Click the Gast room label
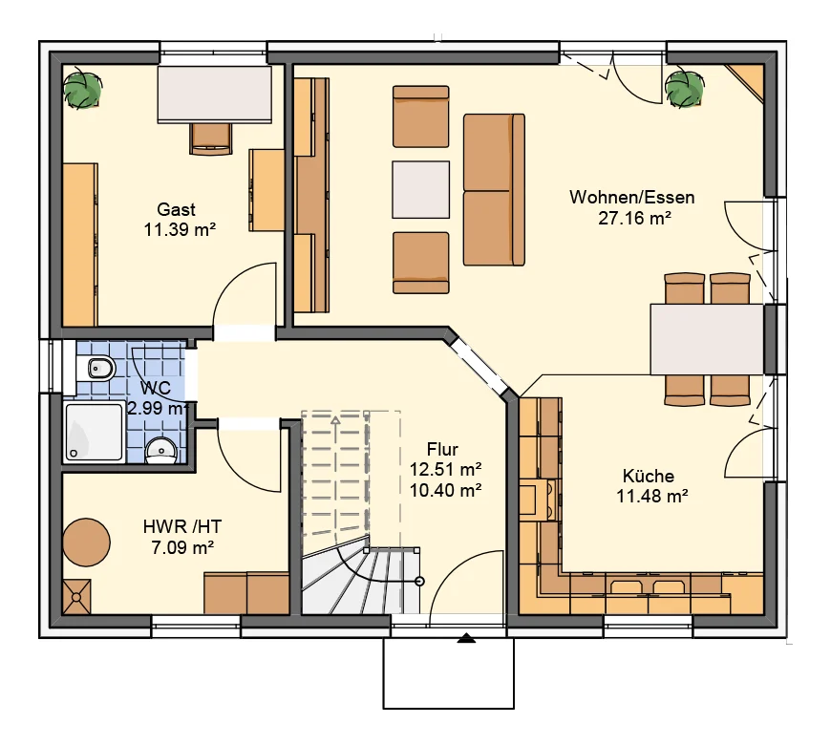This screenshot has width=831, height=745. (x=177, y=209)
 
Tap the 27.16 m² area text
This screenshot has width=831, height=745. (x=635, y=218)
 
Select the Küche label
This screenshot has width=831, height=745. (x=649, y=476)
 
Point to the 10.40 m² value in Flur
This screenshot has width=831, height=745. (x=446, y=490)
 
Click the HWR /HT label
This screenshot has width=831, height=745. (x=182, y=526)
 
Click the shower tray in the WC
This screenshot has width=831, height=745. (x=95, y=432)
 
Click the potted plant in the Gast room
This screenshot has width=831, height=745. (x=82, y=88)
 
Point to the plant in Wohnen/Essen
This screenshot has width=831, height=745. (x=684, y=89)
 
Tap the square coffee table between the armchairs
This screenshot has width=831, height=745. (x=421, y=190)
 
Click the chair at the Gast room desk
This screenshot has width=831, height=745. (x=211, y=138)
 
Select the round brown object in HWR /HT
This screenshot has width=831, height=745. (x=86, y=543)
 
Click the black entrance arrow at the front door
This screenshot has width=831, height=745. (x=466, y=638)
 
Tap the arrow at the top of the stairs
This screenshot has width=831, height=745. (x=335, y=421)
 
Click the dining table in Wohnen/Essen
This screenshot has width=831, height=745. (x=708, y=339)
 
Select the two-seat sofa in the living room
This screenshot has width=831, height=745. (x=494, y=190)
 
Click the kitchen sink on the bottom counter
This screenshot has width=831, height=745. (x=648, y=588)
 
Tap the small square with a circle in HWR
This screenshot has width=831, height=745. (x=76, y=597)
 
